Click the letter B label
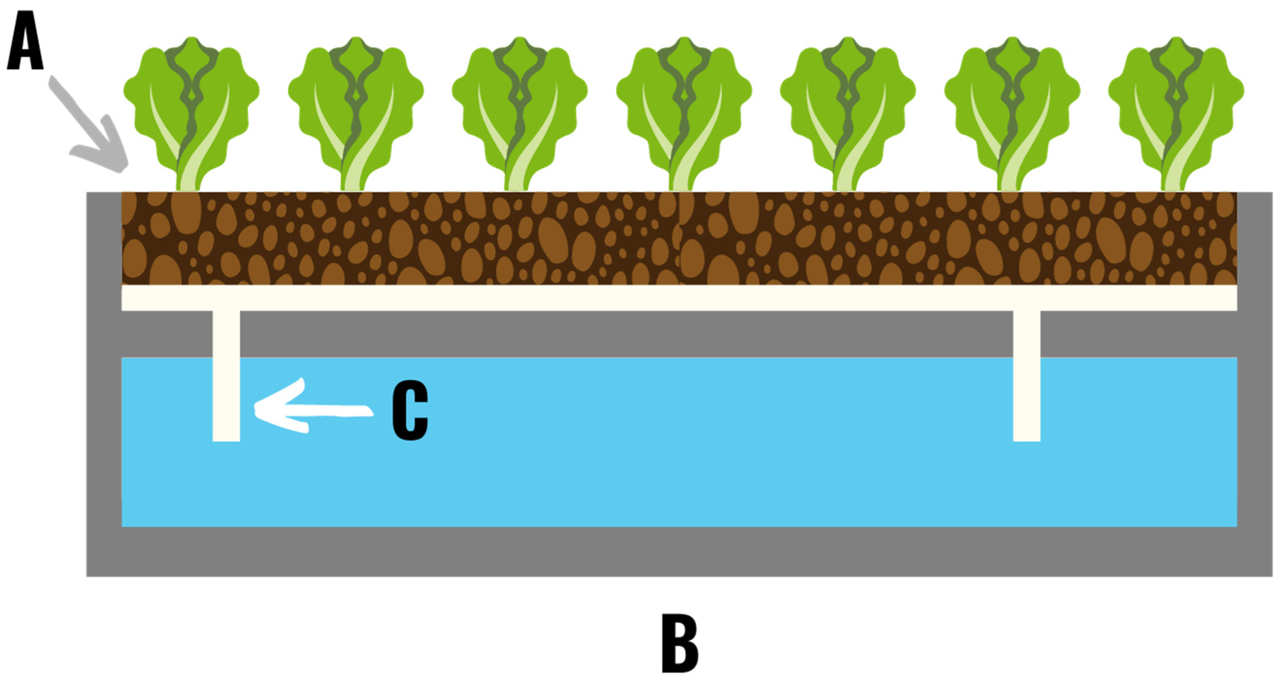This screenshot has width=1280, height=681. tap(680, 644)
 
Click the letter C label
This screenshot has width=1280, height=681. tap(410, 411)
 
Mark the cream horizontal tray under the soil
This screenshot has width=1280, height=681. tap(679, 298)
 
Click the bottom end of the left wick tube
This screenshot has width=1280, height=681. tap(226, 437)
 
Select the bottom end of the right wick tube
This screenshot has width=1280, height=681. tap(1027, 437)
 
